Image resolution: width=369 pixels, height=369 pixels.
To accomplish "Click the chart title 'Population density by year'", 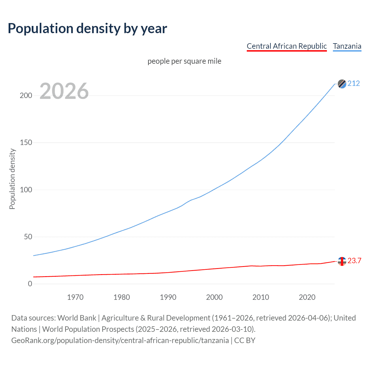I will point(87,29).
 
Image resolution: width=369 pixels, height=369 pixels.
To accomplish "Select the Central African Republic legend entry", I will point(287,46).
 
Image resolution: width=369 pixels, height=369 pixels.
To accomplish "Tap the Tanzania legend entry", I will point(347,46).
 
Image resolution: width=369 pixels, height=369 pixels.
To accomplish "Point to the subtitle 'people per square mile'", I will point(184,61).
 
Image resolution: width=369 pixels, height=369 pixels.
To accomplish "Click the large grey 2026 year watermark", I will point(64,91).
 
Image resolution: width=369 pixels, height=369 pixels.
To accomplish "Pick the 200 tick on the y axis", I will point(26,95).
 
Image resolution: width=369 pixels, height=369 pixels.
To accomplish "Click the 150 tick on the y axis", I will point(26,143).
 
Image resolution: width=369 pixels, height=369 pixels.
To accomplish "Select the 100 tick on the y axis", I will point(26,190).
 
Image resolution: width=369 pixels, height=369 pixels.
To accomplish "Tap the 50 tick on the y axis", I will point(28,237).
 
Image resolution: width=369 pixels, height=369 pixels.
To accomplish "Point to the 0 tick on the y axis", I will point(30,284).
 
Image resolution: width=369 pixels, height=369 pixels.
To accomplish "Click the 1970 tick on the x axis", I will point(75,297).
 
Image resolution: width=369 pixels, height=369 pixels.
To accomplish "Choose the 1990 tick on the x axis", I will point(168,297).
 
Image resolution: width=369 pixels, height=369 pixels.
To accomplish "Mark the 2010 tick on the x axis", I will point(261,297).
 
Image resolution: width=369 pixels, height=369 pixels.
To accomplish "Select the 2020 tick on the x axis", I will point(307,297).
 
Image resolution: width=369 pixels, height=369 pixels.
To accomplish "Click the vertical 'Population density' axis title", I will point(12,179).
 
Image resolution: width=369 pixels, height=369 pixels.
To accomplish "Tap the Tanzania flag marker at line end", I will point(342,84).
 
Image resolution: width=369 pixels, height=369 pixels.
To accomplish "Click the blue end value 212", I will point(354,84).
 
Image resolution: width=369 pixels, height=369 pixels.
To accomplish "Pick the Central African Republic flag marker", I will point(342,261).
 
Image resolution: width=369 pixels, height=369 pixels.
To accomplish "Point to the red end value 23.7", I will point(354,261).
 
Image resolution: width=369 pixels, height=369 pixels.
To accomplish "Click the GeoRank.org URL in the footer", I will point(120,340).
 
